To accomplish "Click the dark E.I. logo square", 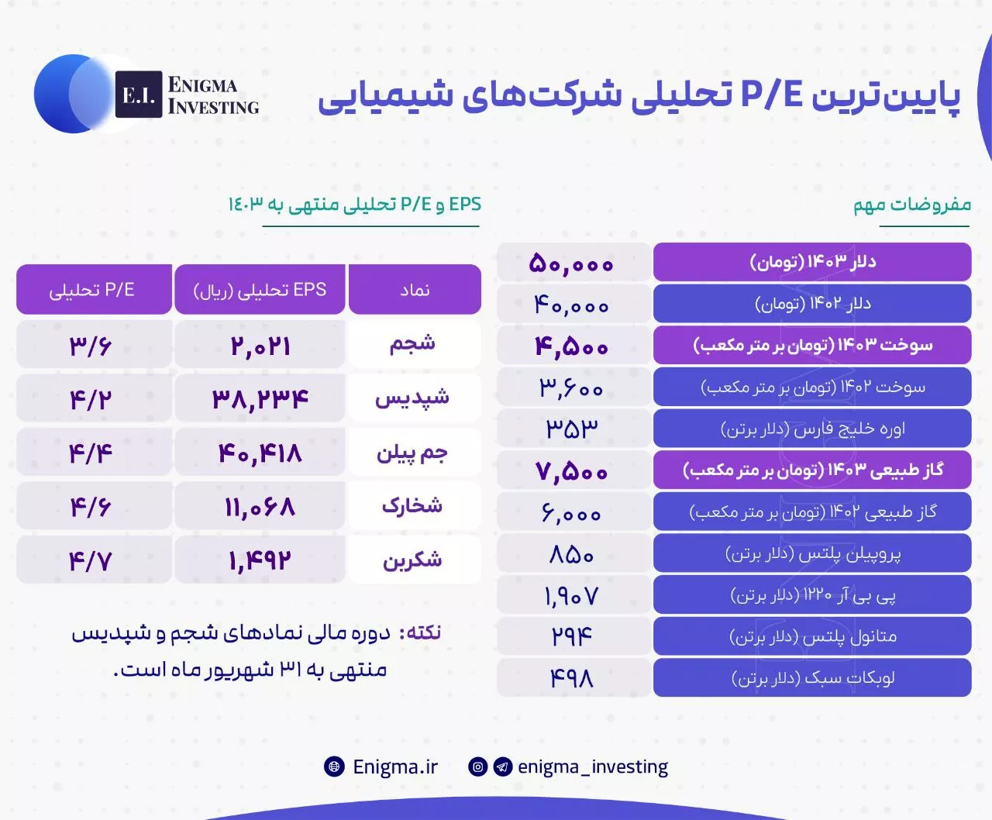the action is [x=139, y=95].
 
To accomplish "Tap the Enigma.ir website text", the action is [x=394, y=767].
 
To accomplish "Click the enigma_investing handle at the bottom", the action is [x=592, y=767].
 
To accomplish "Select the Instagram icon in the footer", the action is [x=478, y=767].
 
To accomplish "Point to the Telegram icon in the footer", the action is [x=503, y=767].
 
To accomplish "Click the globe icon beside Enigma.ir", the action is [x=334, y=767].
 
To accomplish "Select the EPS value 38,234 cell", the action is [x=260, y=398].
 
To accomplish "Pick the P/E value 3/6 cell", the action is [x=94, y=344].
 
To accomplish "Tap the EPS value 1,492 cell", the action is [x=260, y=560].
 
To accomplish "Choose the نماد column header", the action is [x=415, y=289].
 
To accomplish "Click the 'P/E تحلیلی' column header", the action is [x=94, y=289].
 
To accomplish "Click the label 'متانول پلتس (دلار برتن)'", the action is [x=812, y=636].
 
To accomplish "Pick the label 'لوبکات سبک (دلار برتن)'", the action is [x=812, y=677].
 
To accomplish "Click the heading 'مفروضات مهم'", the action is [x=912, y=205].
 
